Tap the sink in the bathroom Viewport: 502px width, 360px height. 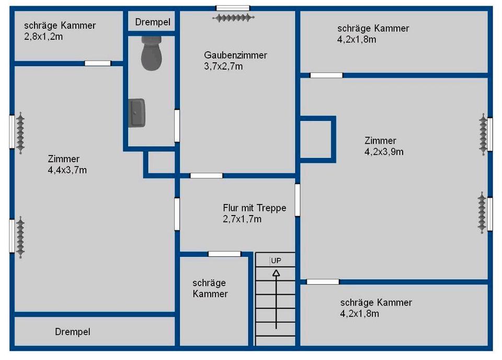[x=137, y=113]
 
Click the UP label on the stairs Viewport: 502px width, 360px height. [x=276, y=260]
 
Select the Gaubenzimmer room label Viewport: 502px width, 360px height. [x=235, y=55]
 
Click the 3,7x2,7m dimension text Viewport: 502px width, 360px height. [x=223, y=66]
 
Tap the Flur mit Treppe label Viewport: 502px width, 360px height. [x=254, y=208]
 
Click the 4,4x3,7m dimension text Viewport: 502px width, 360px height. [x=67, y=170]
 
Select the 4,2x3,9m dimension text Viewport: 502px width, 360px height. [x=384, y=152]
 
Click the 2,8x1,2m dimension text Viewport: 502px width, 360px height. [x=44, y=37]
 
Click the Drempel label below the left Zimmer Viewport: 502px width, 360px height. [x=73, y=332]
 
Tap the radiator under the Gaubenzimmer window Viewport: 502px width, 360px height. [x=233, y=18]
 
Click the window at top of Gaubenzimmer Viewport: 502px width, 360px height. [x=233, y=8]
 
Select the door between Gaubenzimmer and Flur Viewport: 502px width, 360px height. [x=206, y=175]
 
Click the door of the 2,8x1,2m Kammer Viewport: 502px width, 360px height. [x=98, y=63]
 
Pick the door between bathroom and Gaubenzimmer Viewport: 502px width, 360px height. [x=177, y=125]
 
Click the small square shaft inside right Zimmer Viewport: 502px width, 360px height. [x=317, y=138]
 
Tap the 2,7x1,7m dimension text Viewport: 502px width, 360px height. [x=242, y=219]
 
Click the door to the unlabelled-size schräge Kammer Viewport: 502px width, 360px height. [x=224, y=254]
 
